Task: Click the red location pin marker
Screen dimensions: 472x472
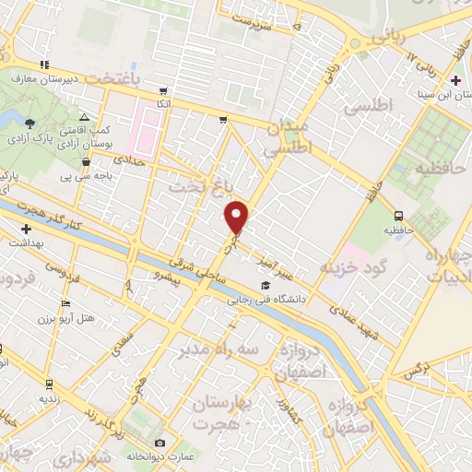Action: point(237,216)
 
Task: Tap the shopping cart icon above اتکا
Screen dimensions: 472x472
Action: point(163,91)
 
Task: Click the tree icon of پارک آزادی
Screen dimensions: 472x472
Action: point(30,123)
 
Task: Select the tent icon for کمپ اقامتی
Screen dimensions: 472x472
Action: point(84,118)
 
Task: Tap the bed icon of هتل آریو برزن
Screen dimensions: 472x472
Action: point(65,303)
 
